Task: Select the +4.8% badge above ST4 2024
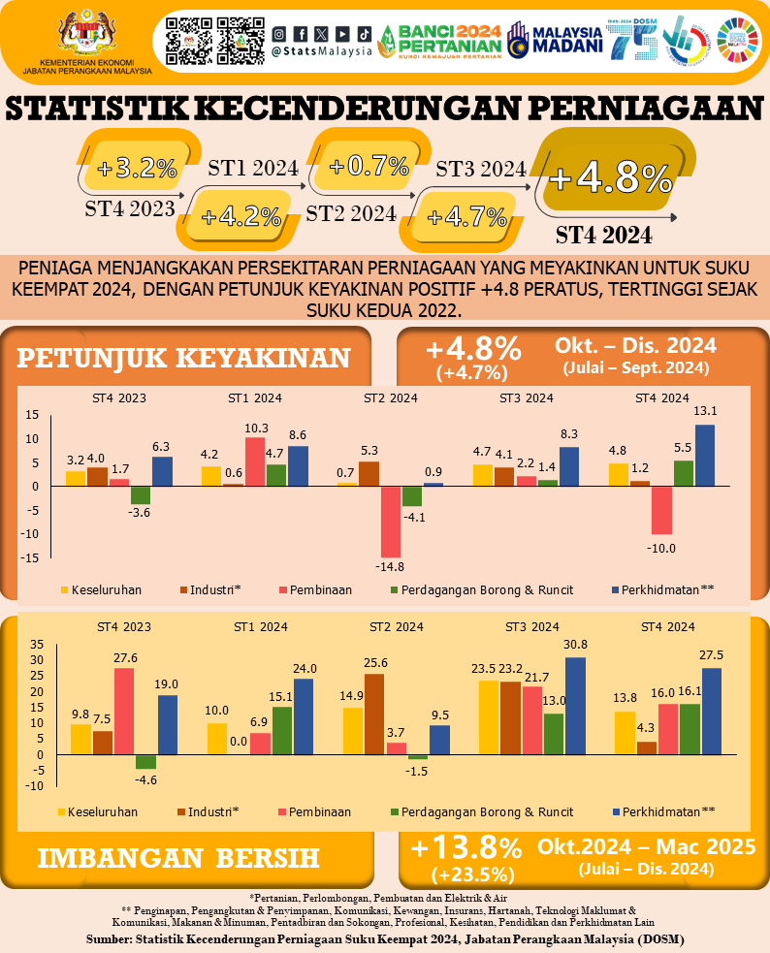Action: click(610, 178)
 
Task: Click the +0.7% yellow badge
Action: click(369, 166)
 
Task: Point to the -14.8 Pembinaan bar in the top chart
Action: click(391, 521)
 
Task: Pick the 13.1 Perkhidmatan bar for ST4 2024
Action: click(704, 455)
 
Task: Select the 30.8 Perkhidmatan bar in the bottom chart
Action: click(575, 706)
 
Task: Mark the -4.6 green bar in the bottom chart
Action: click(145, 762)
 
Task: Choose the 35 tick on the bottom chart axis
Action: click(37, 645)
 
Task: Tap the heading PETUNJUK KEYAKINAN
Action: click(184, 358)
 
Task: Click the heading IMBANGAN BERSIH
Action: click(179, 857)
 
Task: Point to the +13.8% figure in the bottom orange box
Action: click(466, 848)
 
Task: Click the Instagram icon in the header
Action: click(279, 33)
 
